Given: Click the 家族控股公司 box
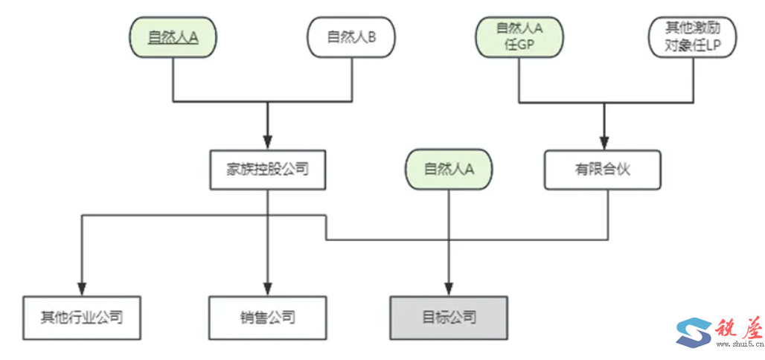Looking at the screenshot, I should [267, 169].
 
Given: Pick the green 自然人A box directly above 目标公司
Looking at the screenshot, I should [449, 169].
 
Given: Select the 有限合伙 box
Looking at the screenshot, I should [603, 169].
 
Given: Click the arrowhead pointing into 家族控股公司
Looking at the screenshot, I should [267, 142].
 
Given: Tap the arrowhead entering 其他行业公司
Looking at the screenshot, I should [81, 289].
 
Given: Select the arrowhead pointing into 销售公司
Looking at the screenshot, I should [267, 289].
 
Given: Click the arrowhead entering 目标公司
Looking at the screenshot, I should [449, 289].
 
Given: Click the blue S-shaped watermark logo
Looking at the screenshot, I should [693, 331].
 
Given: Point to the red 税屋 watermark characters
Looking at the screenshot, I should [737, 327].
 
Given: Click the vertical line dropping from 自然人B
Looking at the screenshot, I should [351, 78].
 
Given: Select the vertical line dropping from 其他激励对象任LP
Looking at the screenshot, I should [692, 78].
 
